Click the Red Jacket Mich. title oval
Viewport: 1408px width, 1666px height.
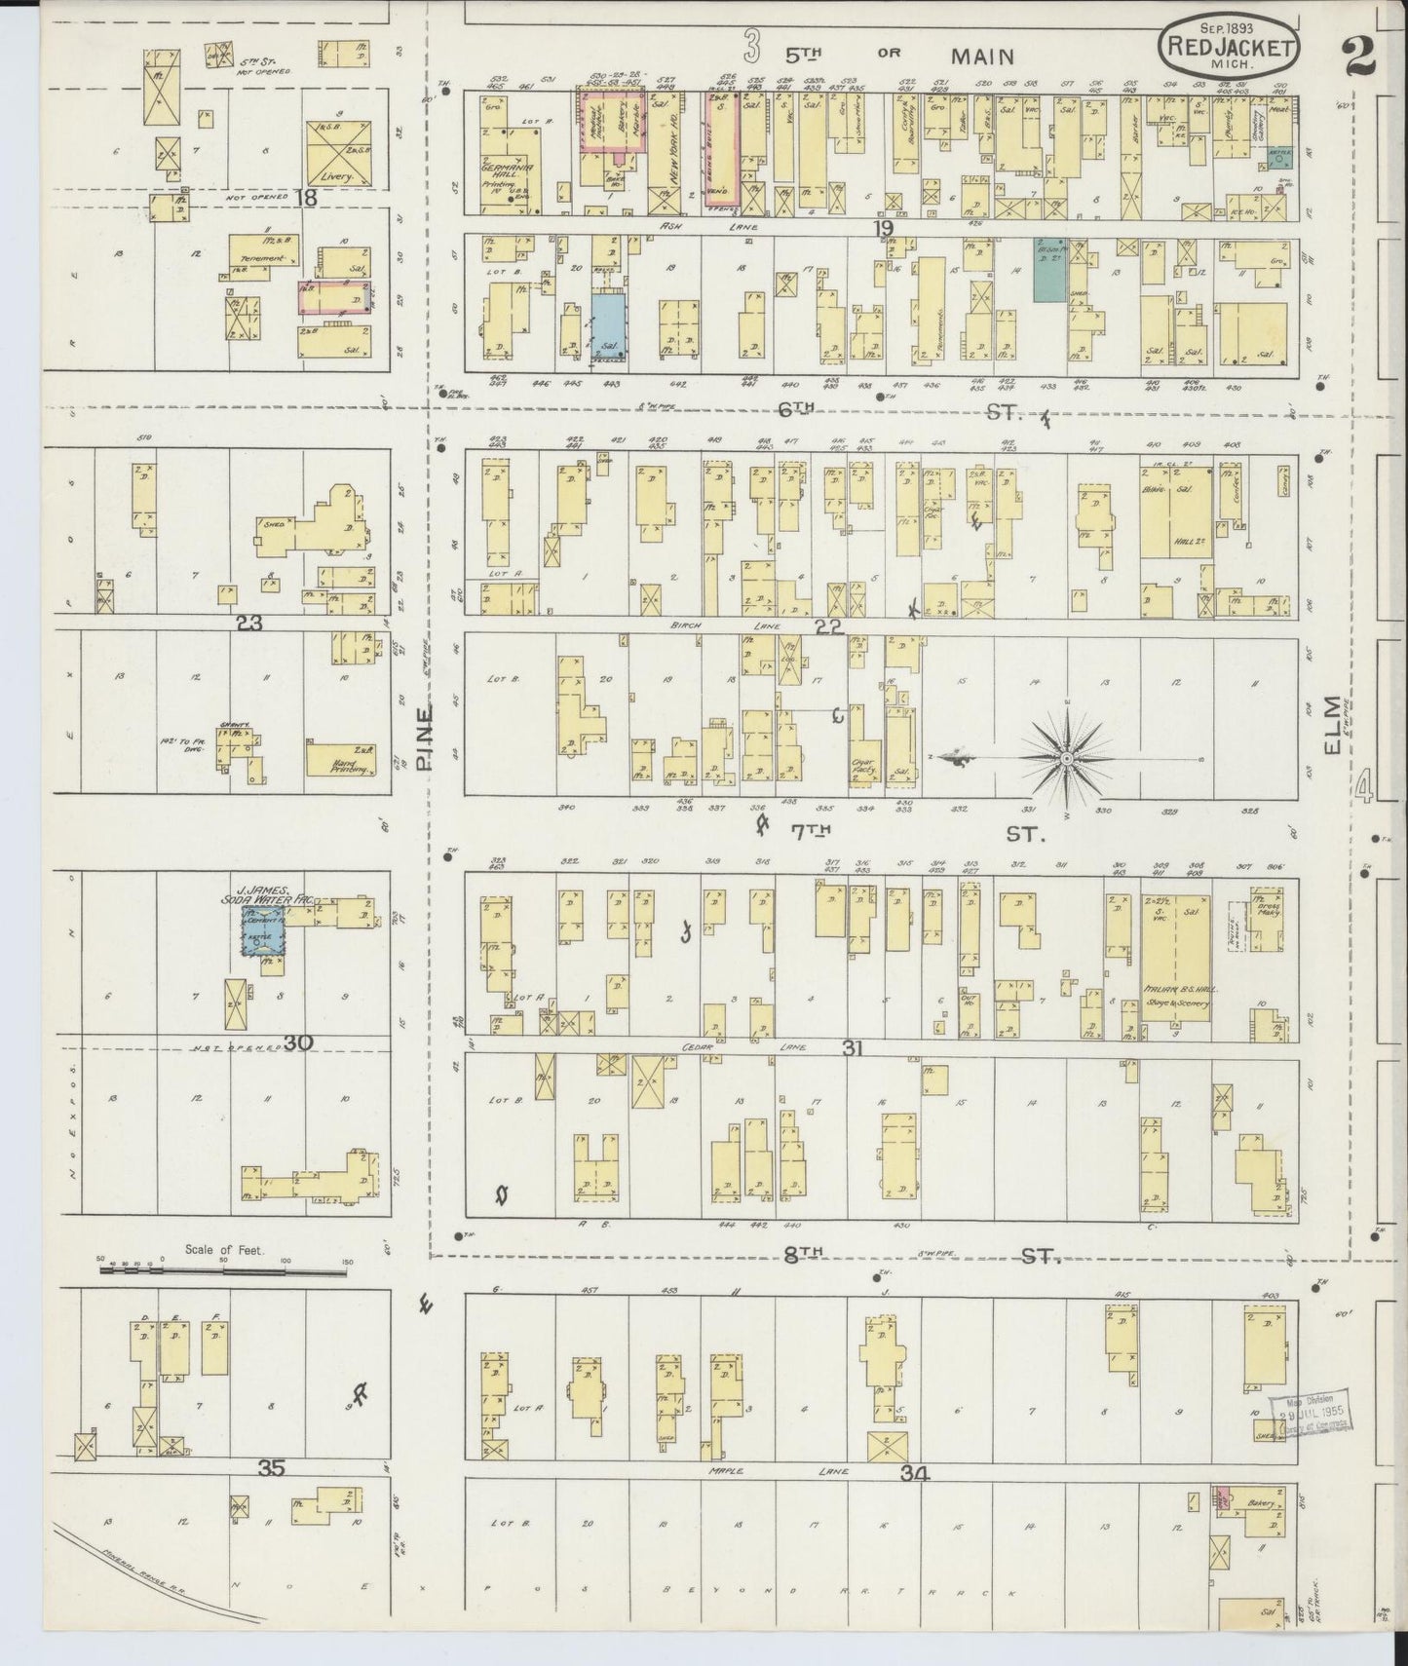(x=1230, y=45)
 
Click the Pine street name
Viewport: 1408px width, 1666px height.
(x=425, y=739)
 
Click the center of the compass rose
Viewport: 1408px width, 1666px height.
(x=1066, y=757)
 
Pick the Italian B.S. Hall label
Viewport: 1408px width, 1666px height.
(x=1175, y=989)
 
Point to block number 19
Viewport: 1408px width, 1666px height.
(x=883, y=227)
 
